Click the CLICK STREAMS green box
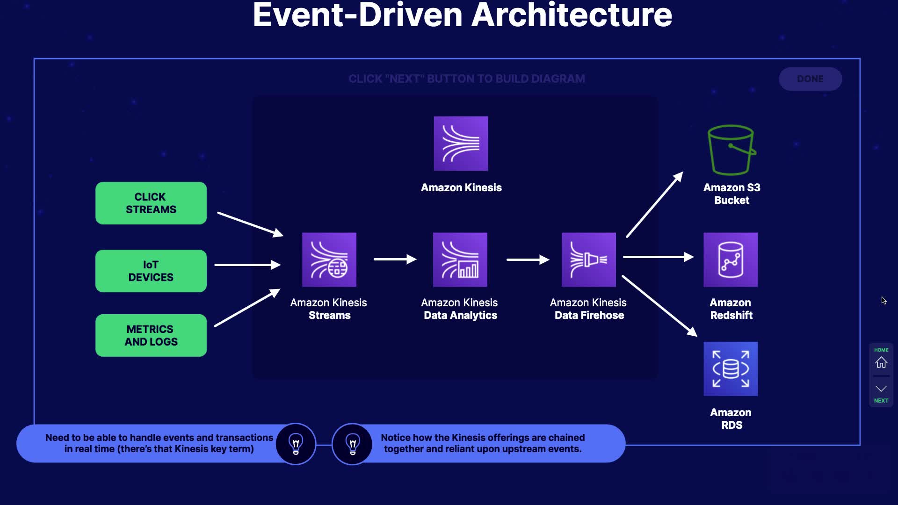[151, 203]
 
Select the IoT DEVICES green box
[151, 271]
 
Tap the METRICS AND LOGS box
[151, 335]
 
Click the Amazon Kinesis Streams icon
[329, 260]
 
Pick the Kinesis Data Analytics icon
[460, 260]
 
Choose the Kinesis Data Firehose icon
[589, 260]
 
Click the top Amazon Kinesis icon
[461, 144]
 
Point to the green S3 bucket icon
[731, 150]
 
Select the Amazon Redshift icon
[731, 260]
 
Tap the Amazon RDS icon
[731, 369]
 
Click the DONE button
[811, 79]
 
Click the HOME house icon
[881, 362]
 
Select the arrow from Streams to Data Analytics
[395, 259]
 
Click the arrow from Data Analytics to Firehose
[528, 260]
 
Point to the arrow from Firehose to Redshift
[659, 257]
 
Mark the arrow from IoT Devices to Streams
[247, 265]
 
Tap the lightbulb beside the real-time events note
[296, 444]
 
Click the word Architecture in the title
[572, 15]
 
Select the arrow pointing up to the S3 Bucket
[655, 204]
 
